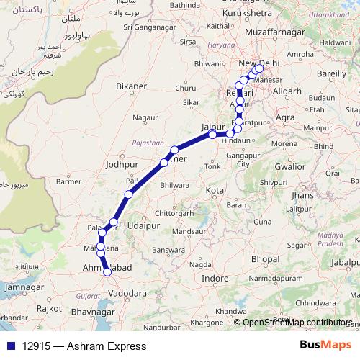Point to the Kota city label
[215, 191]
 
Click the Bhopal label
[265, 258]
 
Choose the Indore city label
[215, 278]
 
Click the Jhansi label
[303, 195]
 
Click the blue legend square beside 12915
[9, 346]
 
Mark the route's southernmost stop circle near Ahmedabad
[108, 271]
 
